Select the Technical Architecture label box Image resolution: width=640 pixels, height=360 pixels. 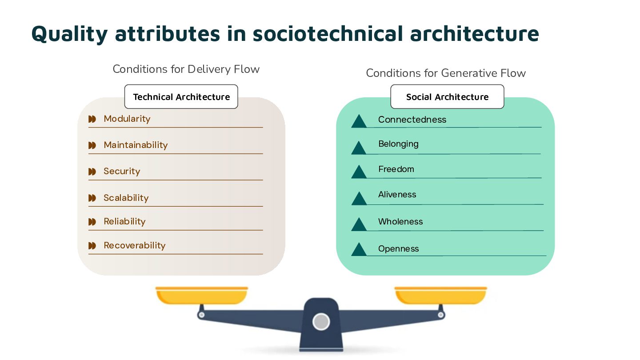tap(181, 97)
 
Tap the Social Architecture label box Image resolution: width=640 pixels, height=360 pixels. tap(447, 97)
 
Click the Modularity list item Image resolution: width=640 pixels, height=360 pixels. tap(127, 119)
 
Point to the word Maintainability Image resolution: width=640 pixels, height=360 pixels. tap(136, 145)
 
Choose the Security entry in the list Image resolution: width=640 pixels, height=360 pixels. tap(122, 171)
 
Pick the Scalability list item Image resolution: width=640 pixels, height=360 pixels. tap(126, 198)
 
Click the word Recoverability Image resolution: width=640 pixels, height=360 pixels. tap(135, 245)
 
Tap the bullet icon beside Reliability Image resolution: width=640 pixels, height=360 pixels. tap(92, 222)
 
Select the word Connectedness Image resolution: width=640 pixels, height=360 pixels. tap(412, 120)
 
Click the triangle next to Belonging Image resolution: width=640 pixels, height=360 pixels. tap(359, 148)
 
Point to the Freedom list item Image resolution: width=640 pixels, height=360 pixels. tap(396, 169)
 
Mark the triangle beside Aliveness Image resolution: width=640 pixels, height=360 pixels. tap(359, 199)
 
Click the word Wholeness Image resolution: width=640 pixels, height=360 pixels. tap(400, 221)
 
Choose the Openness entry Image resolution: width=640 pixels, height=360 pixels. tap(398, 248)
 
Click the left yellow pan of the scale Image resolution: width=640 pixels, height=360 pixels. tap(201, 296)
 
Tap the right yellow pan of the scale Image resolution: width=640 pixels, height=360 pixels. tap(441, 296)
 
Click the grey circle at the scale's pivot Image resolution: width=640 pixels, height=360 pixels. tap(321, 321)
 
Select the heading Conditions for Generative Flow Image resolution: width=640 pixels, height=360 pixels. tap(446, 73)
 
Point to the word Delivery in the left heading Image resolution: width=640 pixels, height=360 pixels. tap(208, 69)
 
